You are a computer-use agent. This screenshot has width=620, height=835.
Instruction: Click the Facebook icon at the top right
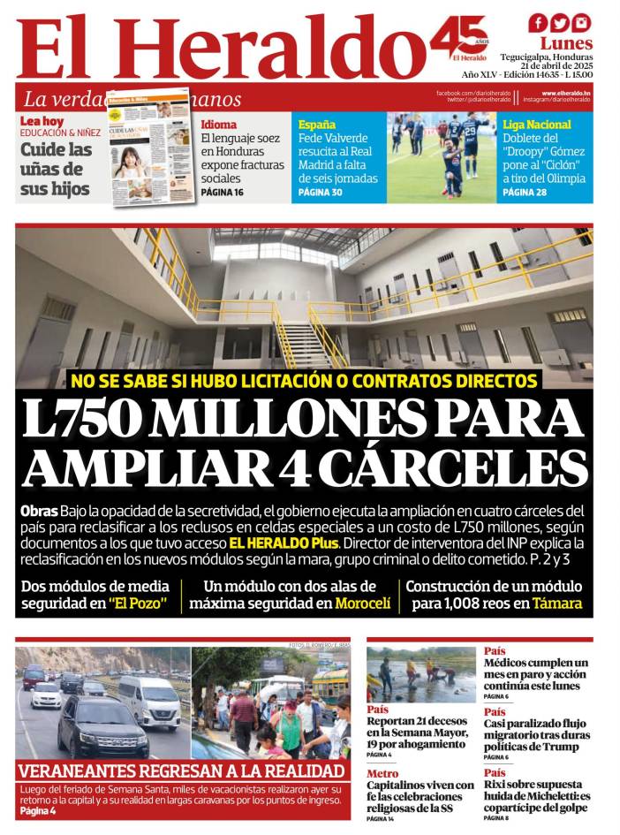point(538,23)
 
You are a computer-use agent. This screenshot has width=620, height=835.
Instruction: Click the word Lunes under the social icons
point(566,43)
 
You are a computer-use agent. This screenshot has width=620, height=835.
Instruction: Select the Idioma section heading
point(218,125)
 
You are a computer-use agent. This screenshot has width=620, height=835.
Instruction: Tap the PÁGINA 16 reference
point(222,192)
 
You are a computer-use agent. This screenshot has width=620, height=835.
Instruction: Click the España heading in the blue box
point(317,125)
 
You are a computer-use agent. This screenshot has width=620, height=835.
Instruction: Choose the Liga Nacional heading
point(537,125)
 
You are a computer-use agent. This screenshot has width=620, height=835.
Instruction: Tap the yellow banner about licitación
point(304,382)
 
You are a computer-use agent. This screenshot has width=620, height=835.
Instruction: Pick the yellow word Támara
point(556,603)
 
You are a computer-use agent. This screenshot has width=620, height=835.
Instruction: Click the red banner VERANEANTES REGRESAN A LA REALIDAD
point(182,770)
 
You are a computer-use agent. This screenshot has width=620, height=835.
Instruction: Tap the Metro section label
point(382,773)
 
